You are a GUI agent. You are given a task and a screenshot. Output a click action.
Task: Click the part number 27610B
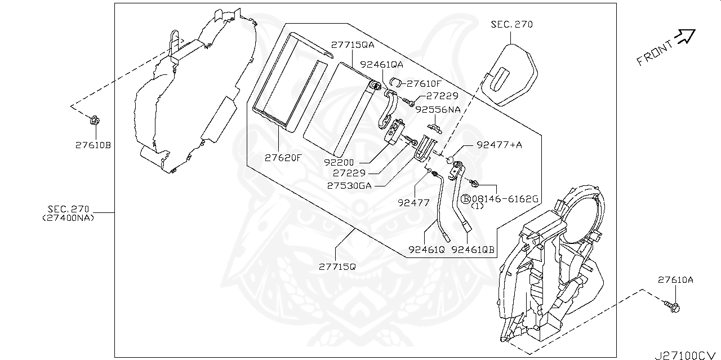point(94,145)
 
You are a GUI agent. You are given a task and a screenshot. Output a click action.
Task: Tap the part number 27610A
point(675,279)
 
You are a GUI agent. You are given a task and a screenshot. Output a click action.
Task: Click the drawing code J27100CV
point(687,355)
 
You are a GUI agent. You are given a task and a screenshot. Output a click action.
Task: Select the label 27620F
point(283,158)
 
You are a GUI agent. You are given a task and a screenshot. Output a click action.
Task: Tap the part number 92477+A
point(499,145)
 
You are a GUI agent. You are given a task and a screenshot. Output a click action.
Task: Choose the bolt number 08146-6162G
point(505,199)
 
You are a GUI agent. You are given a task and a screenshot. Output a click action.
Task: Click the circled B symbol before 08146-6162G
point(466,199)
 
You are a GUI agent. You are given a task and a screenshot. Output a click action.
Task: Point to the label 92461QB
point(473,249)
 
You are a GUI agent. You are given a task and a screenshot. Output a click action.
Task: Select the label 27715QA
point(353,45)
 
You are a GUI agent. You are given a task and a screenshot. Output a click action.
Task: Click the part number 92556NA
point(438,110)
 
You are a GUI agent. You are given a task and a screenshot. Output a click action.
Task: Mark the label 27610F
point(424,83)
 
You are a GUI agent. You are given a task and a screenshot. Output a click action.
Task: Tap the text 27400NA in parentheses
point(69,217)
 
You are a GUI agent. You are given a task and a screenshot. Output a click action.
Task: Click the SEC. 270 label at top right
point(511,24)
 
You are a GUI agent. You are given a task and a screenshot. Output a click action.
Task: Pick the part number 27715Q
point(337,265)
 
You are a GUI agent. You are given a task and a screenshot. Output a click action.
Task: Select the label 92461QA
point(381,65)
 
